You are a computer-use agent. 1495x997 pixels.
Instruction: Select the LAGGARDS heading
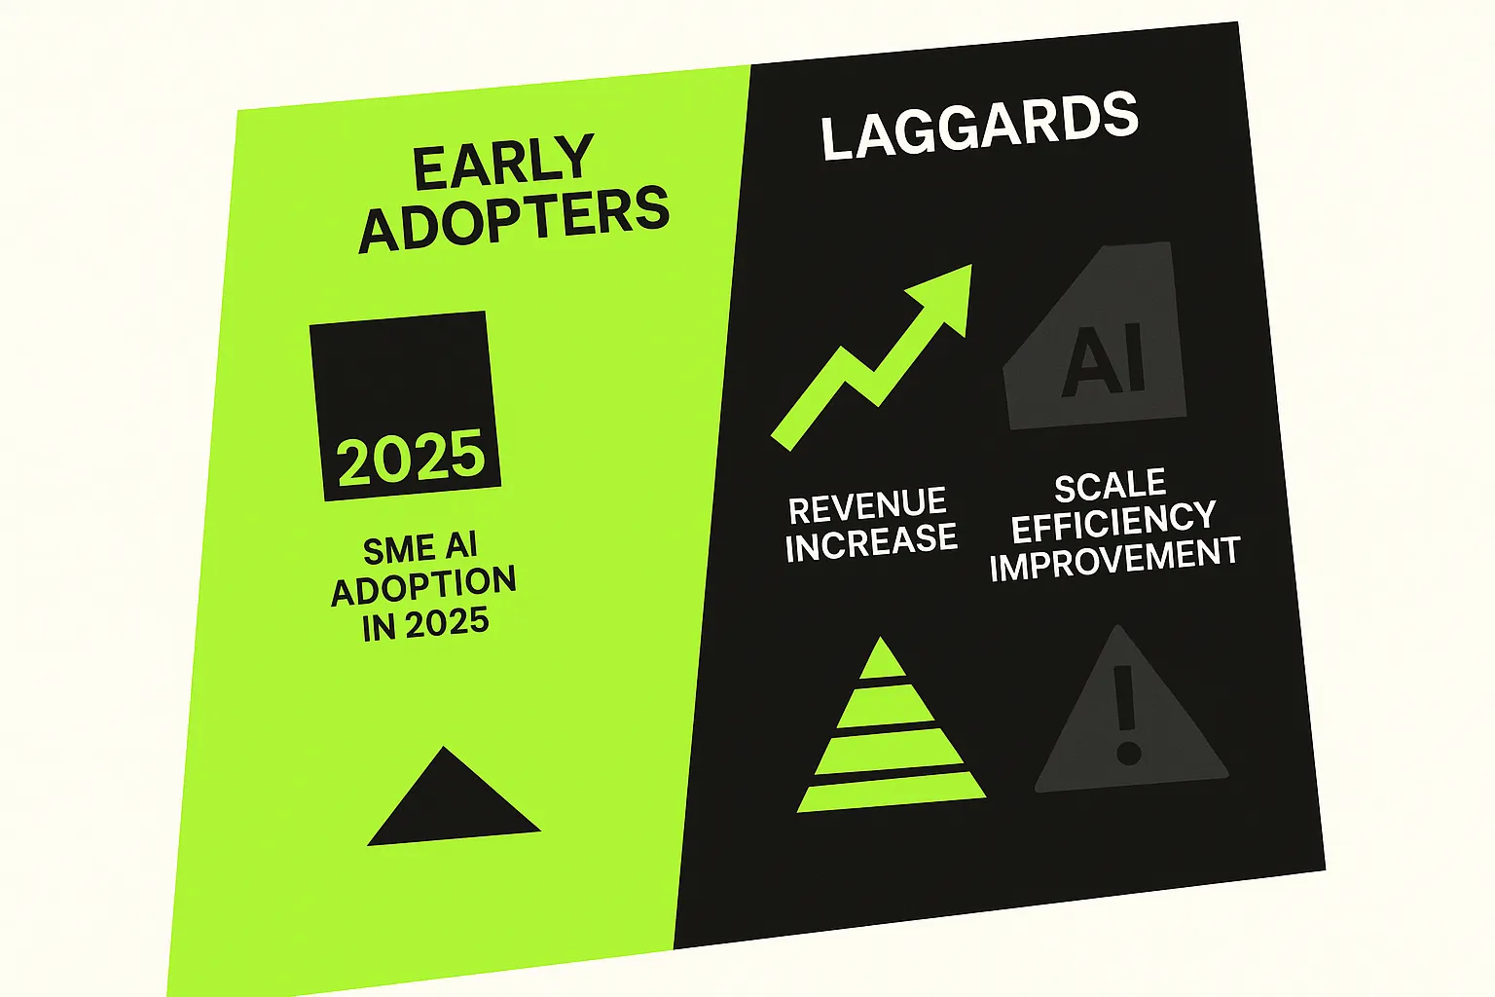[979, 126]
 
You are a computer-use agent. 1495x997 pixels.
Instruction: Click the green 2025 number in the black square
[411, 457]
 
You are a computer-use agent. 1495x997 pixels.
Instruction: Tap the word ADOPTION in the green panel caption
[423, 586]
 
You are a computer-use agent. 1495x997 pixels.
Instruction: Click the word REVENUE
[867, 505]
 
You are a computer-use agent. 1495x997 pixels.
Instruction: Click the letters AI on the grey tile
[1103, 361]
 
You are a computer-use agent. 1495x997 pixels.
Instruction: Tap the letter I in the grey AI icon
[1133, 359]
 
